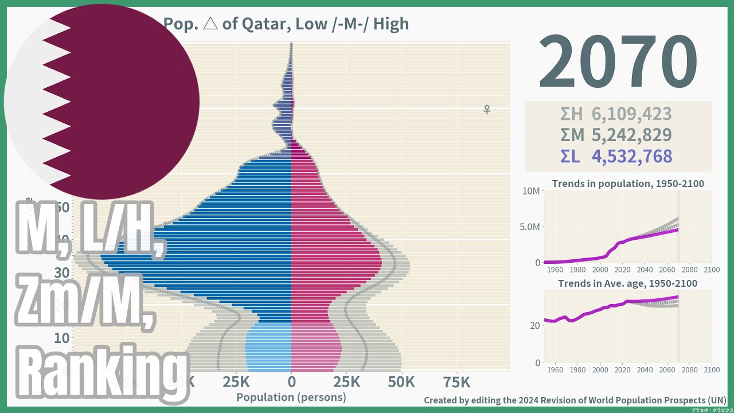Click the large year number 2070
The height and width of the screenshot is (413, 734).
point(618,62)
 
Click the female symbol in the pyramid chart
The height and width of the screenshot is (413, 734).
point(487,109)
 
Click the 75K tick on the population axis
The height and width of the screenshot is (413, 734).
point(456,382)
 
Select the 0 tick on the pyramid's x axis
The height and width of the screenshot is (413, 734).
point(291,382)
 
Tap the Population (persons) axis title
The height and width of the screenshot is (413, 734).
point(291,397)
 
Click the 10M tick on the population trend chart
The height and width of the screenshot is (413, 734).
point(530,190)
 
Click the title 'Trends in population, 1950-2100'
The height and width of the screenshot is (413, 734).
point(628,184)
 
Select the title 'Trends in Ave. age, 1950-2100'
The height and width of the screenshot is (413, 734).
point(628,283)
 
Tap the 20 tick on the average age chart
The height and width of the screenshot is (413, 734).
point(534,325)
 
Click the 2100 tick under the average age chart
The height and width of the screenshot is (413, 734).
point(711,370)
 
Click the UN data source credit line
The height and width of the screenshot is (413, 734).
point(575,400)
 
